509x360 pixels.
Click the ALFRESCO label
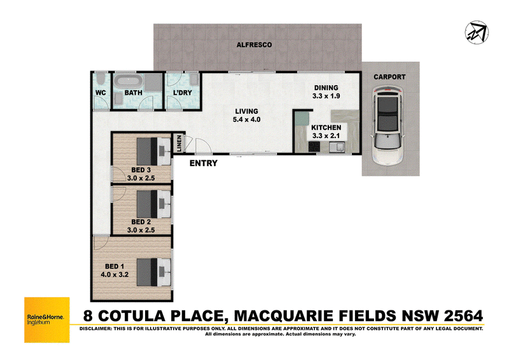point(254,45)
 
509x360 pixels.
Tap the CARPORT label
point(389,77)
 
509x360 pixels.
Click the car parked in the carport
point(387,126)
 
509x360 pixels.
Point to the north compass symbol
point(477,32)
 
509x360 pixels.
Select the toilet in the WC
point(101,80)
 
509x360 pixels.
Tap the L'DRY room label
point(183,93)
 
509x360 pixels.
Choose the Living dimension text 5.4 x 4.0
point(247,120)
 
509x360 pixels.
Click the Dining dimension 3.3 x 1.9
point(326,96)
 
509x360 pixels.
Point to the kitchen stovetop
point(314,147)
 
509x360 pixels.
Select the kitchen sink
point(338,148)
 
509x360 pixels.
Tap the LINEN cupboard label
point(179,143)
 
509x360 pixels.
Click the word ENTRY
point(204,163)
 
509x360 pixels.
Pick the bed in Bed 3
point(153,151)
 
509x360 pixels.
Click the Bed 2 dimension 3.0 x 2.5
point(141,230)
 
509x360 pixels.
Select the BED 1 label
point(115,267)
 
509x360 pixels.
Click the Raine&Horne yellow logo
point(47,320)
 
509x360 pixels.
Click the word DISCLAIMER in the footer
point(95,328)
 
